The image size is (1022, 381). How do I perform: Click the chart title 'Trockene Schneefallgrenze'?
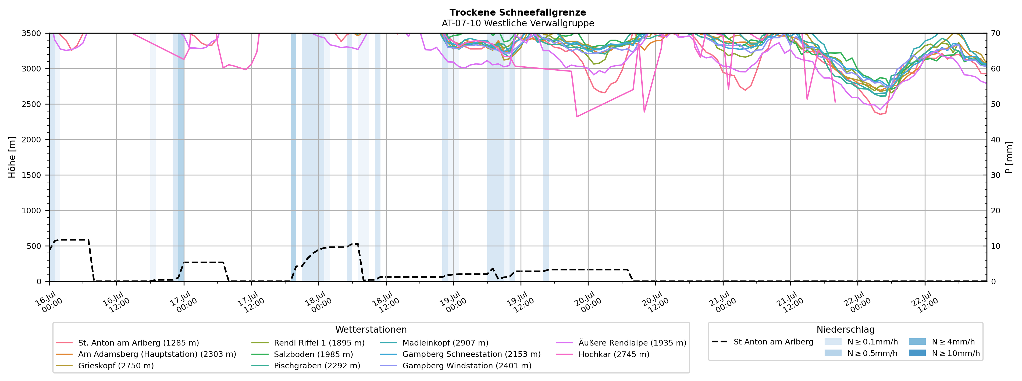coord(518,13)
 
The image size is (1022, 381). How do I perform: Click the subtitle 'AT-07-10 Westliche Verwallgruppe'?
coord(518,23)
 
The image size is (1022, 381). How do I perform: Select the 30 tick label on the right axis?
coord(995,175)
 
